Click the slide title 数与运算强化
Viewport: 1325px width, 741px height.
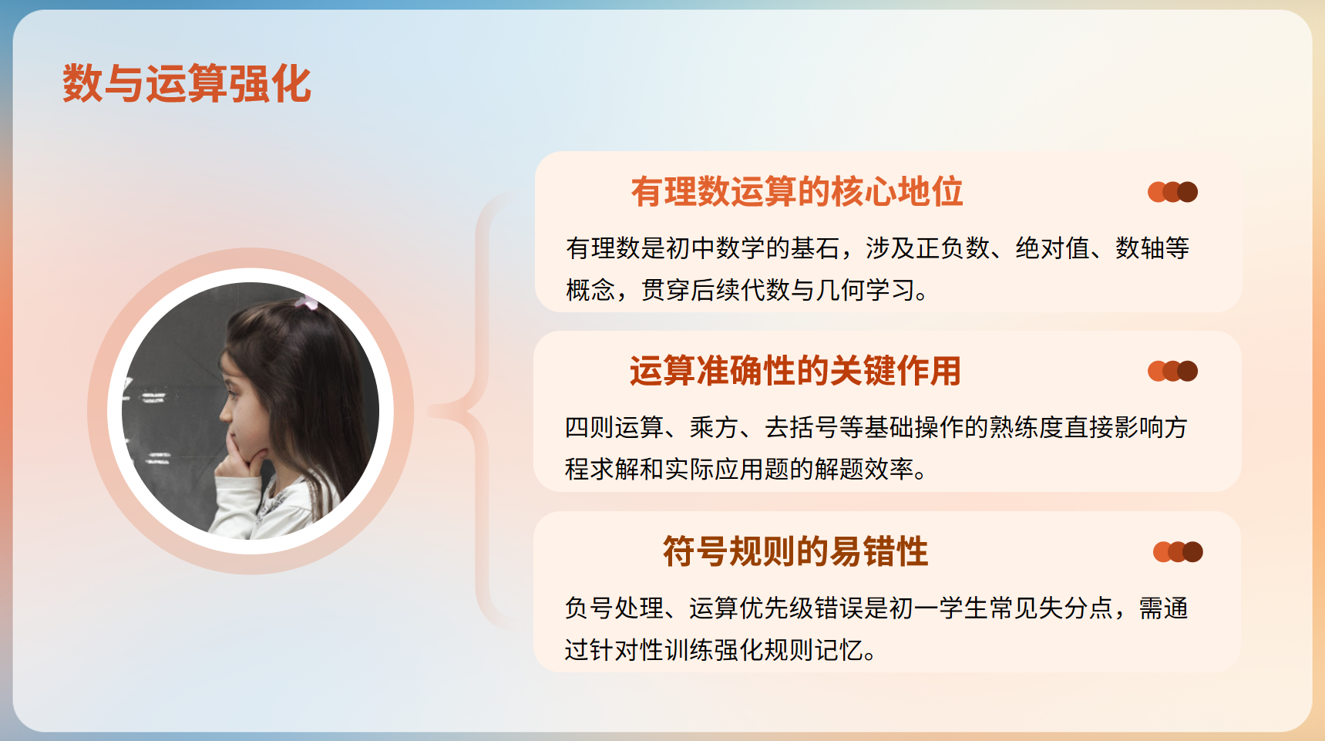[187, 83]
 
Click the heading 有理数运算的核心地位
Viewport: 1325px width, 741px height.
[797, 191]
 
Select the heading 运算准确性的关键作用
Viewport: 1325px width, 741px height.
[795, 371]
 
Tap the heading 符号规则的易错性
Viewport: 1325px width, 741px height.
[795, 552]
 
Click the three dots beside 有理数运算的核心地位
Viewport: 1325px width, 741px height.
[1172, 192]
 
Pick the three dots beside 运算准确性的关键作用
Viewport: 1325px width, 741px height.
[1172, 372]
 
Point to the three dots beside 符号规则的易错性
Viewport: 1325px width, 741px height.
[1178, 552]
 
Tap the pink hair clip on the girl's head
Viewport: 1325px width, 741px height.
[307, 302]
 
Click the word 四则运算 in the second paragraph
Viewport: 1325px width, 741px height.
[614, 427]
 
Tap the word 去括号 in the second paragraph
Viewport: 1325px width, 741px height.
[802, 427]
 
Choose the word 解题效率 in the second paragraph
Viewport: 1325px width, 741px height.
[864, 469]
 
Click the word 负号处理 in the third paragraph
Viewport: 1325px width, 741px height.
[614, 608]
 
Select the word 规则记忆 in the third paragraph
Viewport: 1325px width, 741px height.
[814, 650]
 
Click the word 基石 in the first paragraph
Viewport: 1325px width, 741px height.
[815, 248]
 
